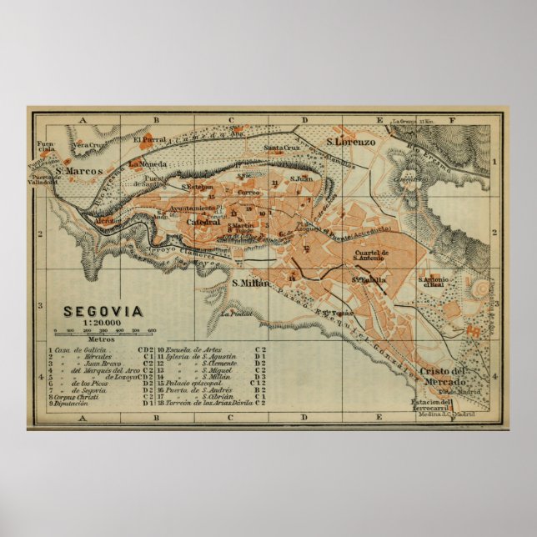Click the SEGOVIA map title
click(103, 312)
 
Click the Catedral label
click(203, 222)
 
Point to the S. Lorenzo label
click(351, 143)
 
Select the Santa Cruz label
click(282, 148)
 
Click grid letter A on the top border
click(83, 119)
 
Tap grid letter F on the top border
click(452, 119)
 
